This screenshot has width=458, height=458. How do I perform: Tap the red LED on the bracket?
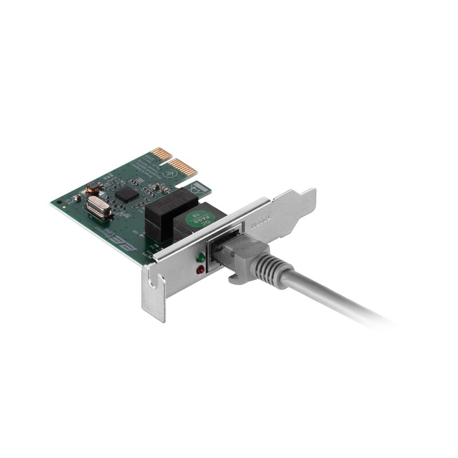pyautogui.click(x=200, y=269)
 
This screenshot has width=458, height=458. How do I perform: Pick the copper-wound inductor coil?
pyautogui.click(x=93, y=186)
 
